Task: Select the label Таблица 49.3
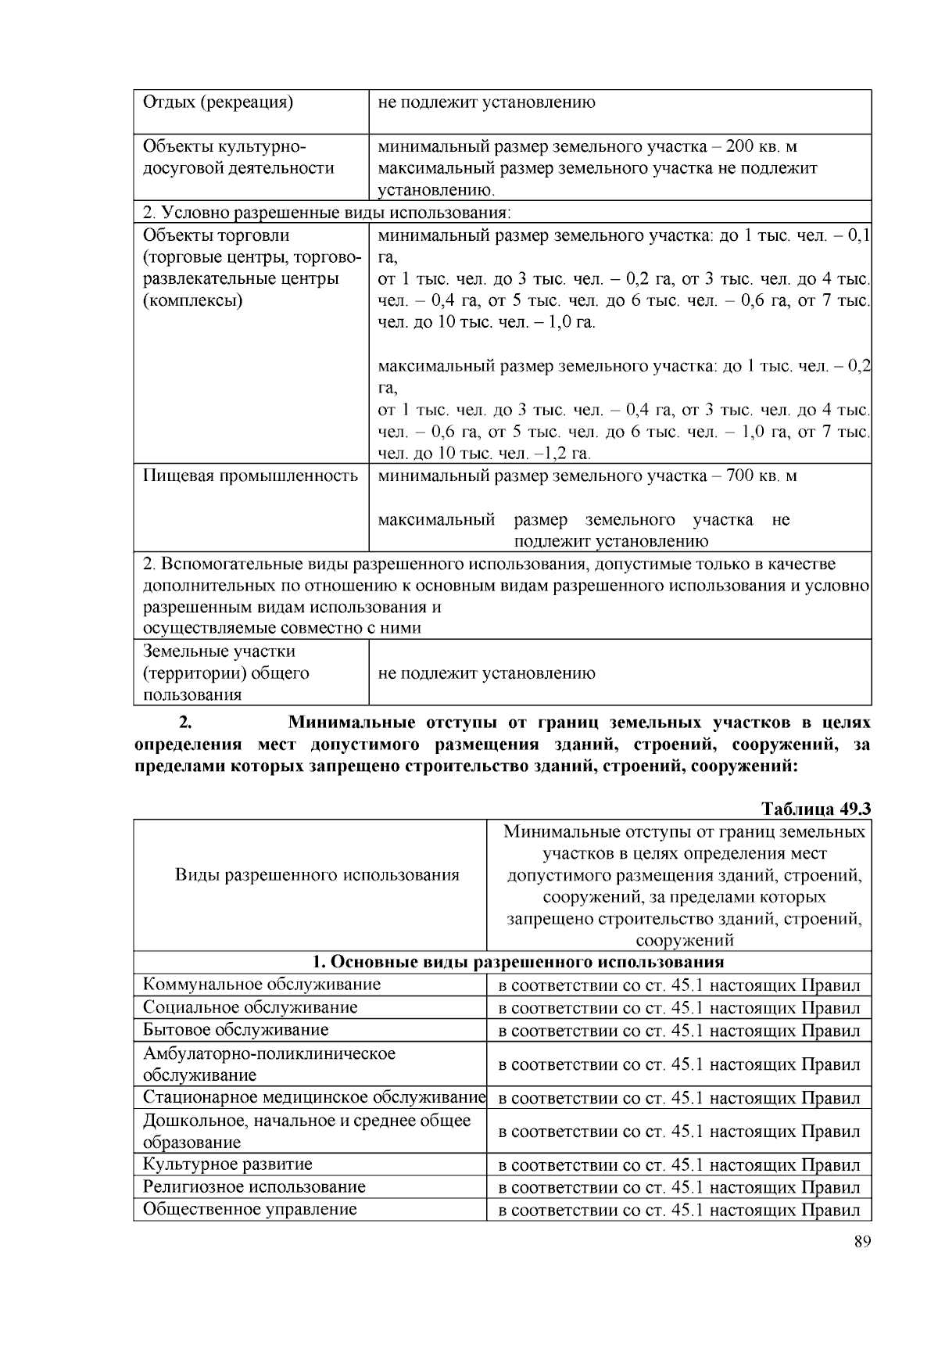[x=815, y=809]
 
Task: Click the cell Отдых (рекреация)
[x=217, y=102]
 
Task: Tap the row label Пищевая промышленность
[x=250, y=475]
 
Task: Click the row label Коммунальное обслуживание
[x=261, y=985]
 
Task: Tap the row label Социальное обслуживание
[x=249, y=1007]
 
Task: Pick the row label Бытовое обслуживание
[x=235, y=1030]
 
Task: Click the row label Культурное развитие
[x=227, y=1164]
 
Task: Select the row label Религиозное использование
[x=253, y=1186]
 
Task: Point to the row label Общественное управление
[x=249, y=1209]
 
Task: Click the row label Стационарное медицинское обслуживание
[x=313, y=1097]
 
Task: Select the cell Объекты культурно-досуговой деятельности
[x=238, y=157]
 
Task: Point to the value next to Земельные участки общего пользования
[x=486, y=673]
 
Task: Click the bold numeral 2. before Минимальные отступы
[x=186, y=722]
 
